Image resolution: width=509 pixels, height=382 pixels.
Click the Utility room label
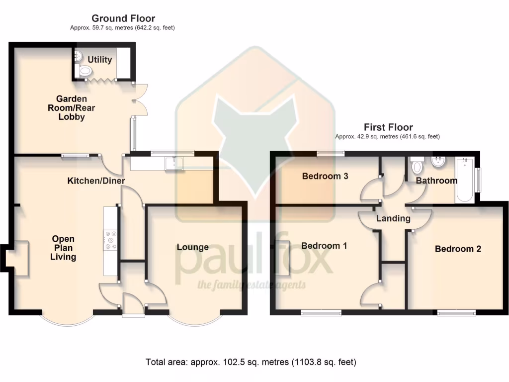[100, 60]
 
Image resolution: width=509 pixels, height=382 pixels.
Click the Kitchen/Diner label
[96, 181]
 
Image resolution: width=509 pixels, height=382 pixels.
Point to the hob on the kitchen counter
[110, 240]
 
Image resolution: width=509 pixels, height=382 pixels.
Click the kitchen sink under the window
[174, 162]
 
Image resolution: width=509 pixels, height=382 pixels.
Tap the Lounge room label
[192, 247]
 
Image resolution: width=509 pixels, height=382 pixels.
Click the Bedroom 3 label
[325, 176]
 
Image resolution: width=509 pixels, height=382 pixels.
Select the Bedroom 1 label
[324, 246]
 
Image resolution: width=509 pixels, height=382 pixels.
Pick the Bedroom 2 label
[458, 249]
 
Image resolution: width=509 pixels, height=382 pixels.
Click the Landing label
[393, 218]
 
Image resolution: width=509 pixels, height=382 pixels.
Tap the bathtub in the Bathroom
[464, 180]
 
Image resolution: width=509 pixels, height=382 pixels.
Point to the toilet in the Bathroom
[417, 165]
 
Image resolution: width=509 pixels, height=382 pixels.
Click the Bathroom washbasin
[438, 162]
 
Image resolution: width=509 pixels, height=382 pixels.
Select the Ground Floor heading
[123, 19]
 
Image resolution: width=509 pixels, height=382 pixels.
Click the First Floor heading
[388, 127]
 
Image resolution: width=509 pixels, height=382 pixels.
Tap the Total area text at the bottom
[251, 362]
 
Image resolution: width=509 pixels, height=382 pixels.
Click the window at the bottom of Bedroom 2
[456, 313]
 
